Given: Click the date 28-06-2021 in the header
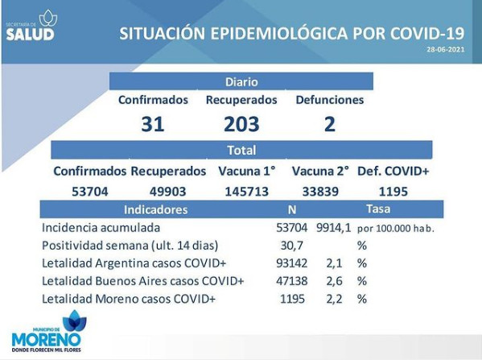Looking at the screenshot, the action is click(x=446, y=49).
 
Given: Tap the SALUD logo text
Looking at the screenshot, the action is click(x=30, y=34).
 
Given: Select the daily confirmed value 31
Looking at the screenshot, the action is click(x=153, y=124).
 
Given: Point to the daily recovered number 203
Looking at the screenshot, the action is click(x=241, y=124).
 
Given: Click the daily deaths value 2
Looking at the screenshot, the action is click(x=330, y=124).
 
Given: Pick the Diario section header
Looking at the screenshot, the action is click(x=241, y=82).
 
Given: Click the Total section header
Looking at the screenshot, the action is click(x=241, y=150).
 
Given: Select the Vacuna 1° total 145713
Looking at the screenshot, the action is click(x=247, y=192).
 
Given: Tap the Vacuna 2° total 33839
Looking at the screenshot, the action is click(x=320, y=192).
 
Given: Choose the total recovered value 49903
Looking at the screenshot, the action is click(x=168, y=192).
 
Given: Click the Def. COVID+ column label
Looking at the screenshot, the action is click(x=393, y=171).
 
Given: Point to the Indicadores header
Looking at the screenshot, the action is click(x=155, y=209).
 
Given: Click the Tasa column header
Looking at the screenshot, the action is click(x=378, y=209).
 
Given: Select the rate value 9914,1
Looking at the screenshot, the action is click(x=333, y=228).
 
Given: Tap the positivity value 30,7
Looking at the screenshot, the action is click(x=292, y=245).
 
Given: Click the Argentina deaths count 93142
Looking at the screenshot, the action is click(x=292, y=263).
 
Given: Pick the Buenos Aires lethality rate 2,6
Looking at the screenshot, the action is click(x=334, y=281).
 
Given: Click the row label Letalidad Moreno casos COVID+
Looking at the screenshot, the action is click(x=129, y=299).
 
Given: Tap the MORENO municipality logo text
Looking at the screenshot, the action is click(x=46, y=340).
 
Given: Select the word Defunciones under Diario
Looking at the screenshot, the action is click(x=330, y=100).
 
